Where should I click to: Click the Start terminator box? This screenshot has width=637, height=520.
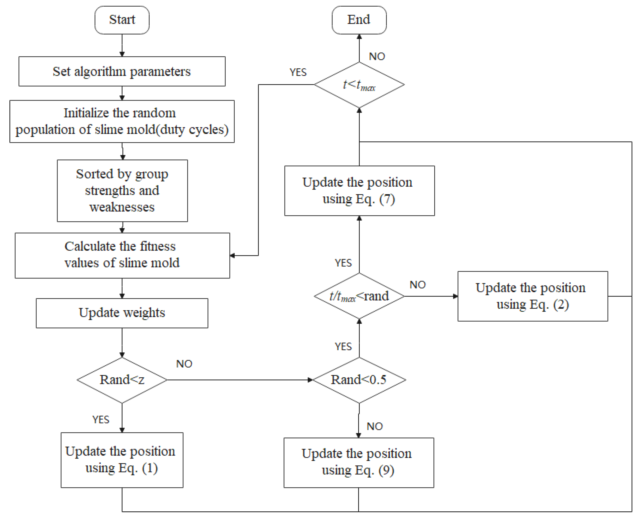click(x=122, y=20)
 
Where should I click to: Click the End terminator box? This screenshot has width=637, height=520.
click(x=359, y=20)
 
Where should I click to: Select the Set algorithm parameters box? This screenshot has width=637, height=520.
click(x=122, y=71)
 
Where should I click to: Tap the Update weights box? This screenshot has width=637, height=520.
click(x=122, y=313)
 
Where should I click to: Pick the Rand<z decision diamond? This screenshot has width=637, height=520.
click(x=122, y=380)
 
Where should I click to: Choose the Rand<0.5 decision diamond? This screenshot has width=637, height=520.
click(x=359, y=380)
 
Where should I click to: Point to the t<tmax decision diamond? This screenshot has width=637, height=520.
click(x=359, y=85)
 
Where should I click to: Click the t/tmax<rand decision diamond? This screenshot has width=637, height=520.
click(x=359, y=296)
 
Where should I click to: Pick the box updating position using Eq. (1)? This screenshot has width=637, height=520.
click(x=122, y=460)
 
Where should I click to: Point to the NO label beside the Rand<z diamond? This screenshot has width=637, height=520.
click(x=184, y=364)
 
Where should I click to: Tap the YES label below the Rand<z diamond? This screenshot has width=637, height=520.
click(x=101, y=419)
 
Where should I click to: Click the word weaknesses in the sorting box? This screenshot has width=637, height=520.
click(x=122, y=207)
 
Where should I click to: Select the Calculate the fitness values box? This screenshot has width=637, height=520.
click(x=122, y=255)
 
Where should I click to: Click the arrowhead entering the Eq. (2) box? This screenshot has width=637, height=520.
click(x=455, y=296)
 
